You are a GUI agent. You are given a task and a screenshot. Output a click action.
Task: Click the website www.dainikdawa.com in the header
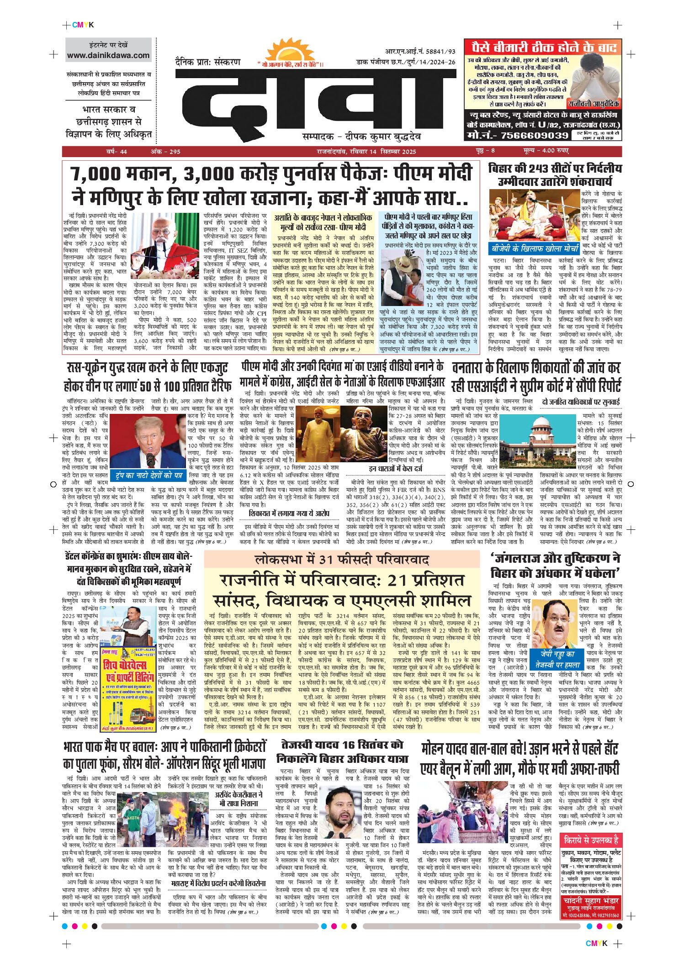point(108,56)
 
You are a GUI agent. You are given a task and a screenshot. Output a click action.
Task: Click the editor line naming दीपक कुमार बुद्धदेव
point(361,137)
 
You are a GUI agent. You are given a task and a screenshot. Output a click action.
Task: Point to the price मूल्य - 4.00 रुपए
point(546,151)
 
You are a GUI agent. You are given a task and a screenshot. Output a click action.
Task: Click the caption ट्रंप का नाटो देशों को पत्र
point(148,476)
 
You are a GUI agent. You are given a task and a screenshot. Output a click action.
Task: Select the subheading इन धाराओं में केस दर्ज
point(396,469)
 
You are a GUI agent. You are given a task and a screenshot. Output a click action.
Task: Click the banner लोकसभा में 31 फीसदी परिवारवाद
point(342,560)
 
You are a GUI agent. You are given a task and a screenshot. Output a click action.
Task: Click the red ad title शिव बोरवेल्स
point(125,665)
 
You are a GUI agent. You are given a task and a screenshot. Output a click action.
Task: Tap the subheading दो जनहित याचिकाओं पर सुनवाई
point(581,402)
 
